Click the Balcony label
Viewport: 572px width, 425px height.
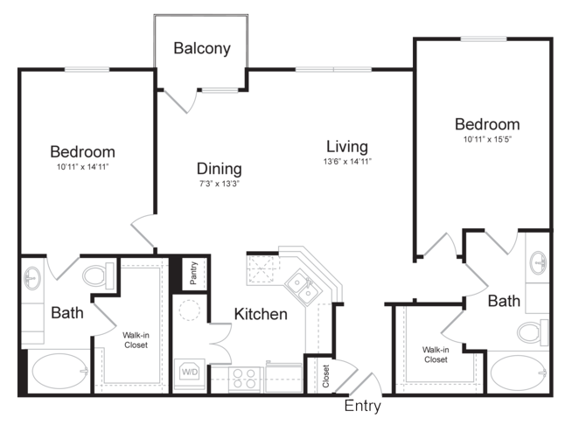tap(202, 48)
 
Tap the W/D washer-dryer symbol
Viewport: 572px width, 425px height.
tap(190, 372)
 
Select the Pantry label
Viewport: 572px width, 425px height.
tap(193, 273)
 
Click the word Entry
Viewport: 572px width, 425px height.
tap(363, 406)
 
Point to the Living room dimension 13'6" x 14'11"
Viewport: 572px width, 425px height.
tap(347, 161)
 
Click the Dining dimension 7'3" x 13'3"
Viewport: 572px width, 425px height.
tap(219, 184)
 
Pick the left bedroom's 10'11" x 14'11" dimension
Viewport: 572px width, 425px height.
tap(83, 167)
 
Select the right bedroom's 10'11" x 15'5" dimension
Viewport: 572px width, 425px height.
tap(487, 139)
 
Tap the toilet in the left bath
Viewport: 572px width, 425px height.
tap(98, 276)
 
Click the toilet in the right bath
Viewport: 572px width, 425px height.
tap(533, 332)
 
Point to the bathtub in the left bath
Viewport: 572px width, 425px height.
tap(60, 372)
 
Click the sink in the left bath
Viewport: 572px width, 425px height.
tap(32, 278)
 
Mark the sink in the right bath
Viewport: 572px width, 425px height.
tap(538, 262)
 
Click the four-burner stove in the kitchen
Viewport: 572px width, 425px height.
tap(244, 379)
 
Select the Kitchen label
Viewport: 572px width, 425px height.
tap(261, 314)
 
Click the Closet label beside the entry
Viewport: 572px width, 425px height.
tap(325, 376)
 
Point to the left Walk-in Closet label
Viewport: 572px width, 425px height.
tap(136, 340)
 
